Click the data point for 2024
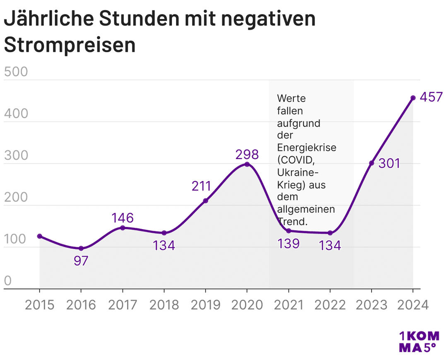pos(413,98)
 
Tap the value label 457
pos(431,97)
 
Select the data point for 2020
pos(247,164)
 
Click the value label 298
pos(247,155)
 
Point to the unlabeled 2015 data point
pos(40,236)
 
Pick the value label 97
pos(81,262)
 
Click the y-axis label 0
pos(7,281)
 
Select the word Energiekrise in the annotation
pos(306,148)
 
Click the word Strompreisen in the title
pos(70,45)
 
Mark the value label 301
pos(389,164)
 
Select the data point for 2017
pos(123,228)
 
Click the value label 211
pos(201,186)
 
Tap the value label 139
pos(288,244)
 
